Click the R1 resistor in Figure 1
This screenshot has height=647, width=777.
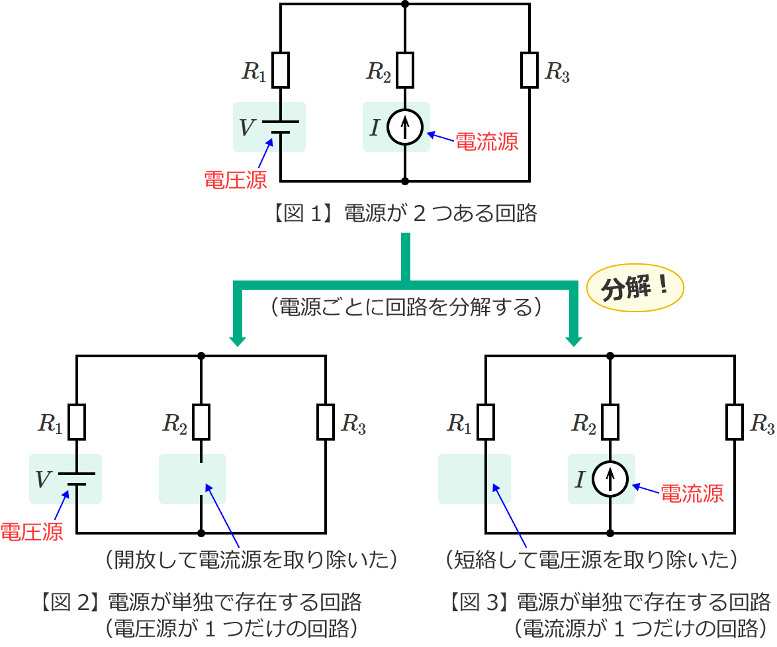281,70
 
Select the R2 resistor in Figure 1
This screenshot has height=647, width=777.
405,70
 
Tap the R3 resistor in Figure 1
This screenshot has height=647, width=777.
529,70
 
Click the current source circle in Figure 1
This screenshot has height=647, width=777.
405,127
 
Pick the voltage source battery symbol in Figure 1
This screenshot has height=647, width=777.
281,127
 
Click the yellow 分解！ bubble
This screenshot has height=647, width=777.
635,290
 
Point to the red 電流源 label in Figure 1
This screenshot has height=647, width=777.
487,142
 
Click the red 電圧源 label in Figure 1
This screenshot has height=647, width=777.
235,180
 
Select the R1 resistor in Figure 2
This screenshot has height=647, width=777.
77,422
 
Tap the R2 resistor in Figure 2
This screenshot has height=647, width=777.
201,422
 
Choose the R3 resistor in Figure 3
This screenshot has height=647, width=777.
734,422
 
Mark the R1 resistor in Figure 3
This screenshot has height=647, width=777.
486,422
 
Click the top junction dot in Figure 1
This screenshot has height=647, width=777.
405,4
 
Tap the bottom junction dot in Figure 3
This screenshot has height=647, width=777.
610,533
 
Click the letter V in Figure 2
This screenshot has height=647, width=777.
42,479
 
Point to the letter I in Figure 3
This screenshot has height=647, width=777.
580,479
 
